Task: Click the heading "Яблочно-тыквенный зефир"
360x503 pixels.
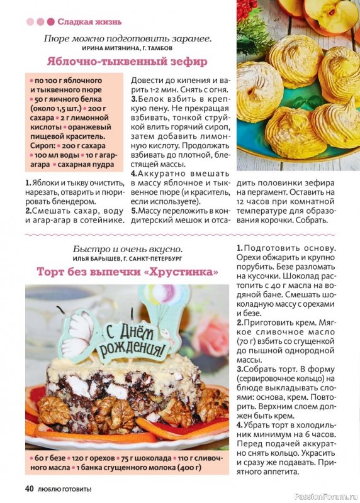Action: point(127,62)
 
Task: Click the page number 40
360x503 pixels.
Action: point(29,488)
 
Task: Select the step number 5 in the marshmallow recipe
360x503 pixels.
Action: point(133,211)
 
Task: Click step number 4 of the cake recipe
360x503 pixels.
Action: point(240,425)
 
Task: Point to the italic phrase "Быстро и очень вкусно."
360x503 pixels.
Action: point(128,248)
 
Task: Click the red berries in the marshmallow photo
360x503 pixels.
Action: point(247,8)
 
